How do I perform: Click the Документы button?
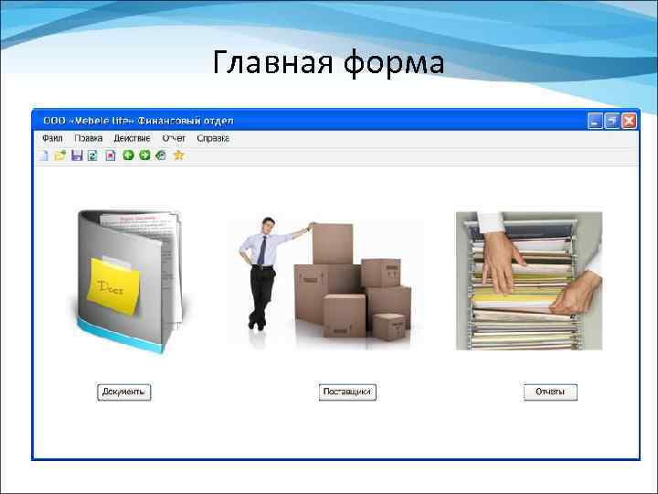123,392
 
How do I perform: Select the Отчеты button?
550,392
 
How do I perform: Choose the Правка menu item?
89,138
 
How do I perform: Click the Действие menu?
132,138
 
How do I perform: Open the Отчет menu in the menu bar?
174,138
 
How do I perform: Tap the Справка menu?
212,138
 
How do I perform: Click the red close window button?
629,120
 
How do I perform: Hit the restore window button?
611,120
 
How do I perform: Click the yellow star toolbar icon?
179,155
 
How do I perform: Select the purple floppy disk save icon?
77,155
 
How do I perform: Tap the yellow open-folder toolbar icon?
59,155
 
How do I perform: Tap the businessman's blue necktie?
262,248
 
